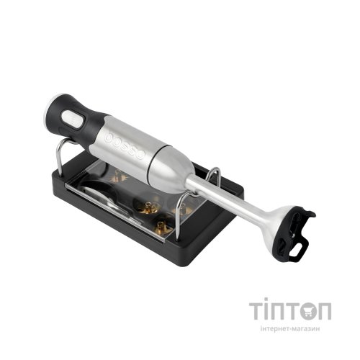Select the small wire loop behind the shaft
pyautogui.click(x=214, y=175)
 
